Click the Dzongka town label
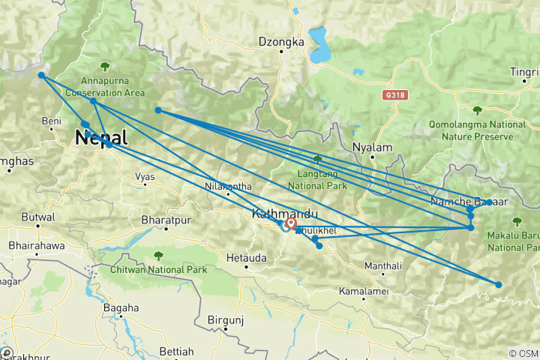click(x=281, y=42)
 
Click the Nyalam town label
click(x=373, y=148)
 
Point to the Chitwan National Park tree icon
click(x=157, y=255)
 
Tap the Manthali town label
click(x=383, y=266)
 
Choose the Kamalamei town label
click(x=362, y=290)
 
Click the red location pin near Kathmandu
click(x=290, y=223)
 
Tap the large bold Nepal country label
click(x=100, y=138)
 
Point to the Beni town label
click(x=51, y=121)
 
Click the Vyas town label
click(x=145, y=177)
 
